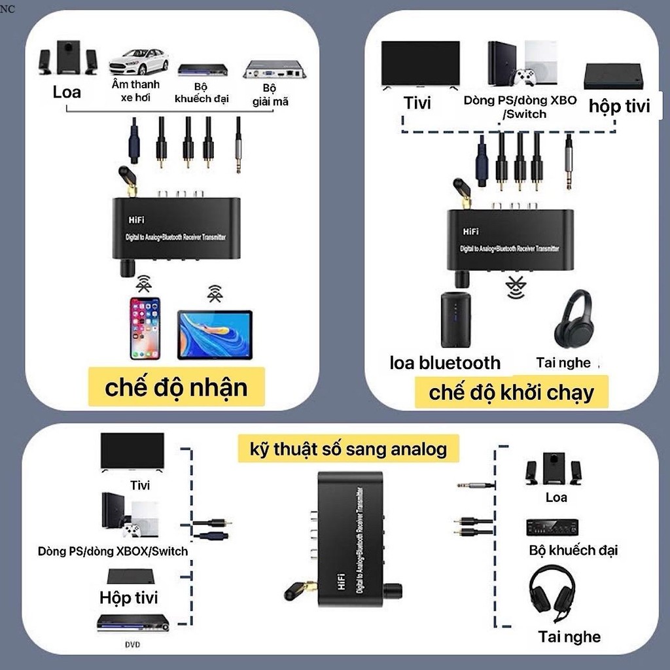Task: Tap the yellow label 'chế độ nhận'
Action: coord(176,387)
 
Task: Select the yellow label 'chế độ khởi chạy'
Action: coord(512,393)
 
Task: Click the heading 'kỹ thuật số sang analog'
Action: coord(348,449)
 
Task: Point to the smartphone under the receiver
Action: coord(145,328)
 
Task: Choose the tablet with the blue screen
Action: coord(215,334)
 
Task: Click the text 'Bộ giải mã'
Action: coord(270,95)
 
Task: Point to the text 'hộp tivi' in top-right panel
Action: coord(619,106)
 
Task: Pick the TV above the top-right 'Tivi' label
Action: coord(420,64)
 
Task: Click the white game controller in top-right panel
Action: coord(524,78)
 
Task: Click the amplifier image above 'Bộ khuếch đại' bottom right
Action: coord(552,527)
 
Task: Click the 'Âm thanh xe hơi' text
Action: coord(135,91)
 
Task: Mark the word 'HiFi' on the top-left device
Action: coord(135,222)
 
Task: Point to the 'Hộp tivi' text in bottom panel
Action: coord(128,597)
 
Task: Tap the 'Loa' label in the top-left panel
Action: coord(67,92)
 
